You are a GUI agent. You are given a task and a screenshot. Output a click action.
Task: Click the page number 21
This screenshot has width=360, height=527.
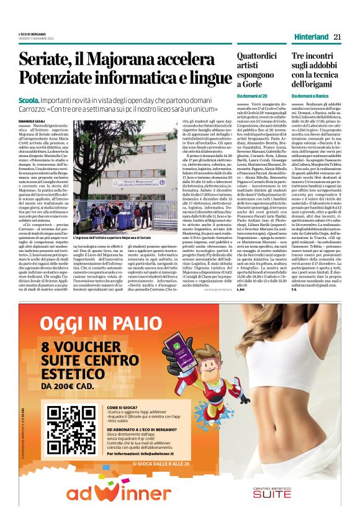[338, 37]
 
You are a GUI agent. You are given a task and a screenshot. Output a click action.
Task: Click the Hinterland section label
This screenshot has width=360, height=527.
[311, 37]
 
